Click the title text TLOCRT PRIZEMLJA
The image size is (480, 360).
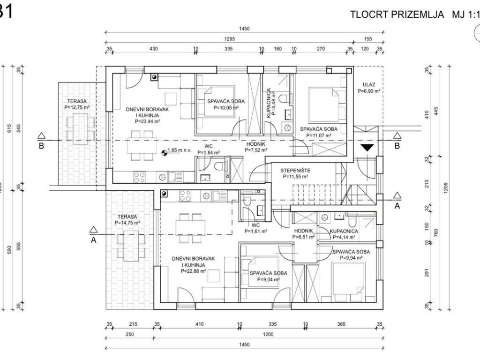click(397, 15)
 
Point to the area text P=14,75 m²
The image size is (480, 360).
click(127, 223)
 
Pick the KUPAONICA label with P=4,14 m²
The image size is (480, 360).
click(344, 232)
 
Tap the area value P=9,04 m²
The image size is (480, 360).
click(269, 279)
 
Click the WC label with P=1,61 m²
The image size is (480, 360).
click(255, 225)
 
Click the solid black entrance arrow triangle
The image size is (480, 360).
click(367, 148)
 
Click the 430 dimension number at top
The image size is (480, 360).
click(154, 49)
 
